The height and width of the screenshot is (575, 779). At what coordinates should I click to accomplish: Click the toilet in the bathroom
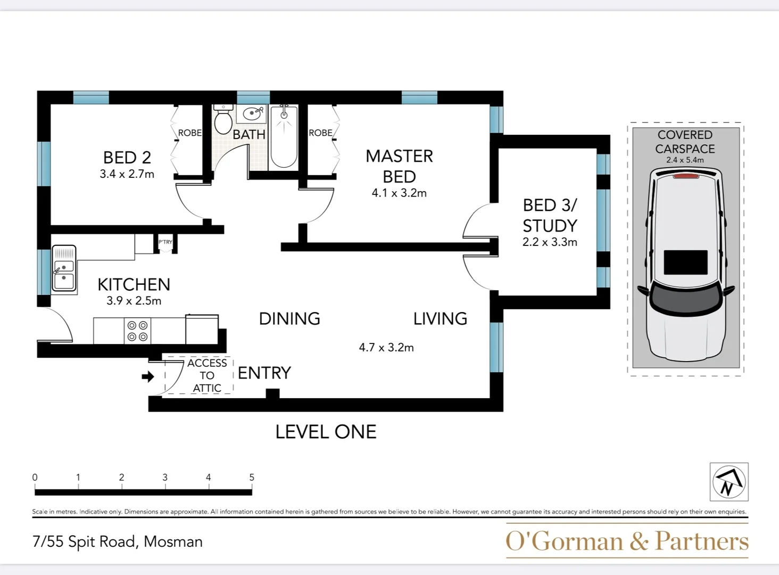tap(223, 120)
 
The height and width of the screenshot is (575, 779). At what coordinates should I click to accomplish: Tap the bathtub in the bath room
tap(284, 137)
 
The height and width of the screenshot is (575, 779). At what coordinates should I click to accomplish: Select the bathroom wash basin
tap(252, 113)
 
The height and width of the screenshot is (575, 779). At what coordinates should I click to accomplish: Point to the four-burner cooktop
tap(137, 331)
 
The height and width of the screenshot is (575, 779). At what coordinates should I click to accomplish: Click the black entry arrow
tap(147, 376)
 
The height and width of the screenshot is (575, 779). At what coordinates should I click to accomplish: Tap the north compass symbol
tap(728, 482)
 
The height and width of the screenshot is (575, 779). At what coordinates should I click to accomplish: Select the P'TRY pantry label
tap(165, 242)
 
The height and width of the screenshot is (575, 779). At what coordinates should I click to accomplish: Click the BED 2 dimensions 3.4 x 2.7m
tap(127, 174)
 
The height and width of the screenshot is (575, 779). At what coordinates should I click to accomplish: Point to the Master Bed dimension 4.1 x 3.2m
tap(399, 193)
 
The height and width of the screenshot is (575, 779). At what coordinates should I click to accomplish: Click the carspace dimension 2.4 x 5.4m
tap(685, 160)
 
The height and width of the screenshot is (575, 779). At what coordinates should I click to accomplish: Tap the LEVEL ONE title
tap(326, 432)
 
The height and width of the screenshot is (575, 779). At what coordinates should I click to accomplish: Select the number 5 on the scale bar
tap(252, 478)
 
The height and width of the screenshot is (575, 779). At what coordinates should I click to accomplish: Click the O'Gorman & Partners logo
tap(627, 541)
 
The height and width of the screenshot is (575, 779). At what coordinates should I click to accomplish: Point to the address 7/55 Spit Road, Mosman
tap(118, 541)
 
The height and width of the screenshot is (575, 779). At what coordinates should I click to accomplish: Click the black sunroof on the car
tap(685, 262)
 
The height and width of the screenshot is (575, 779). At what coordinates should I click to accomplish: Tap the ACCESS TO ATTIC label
tap(207, 375)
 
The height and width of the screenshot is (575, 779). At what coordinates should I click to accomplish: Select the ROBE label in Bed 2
tap(189, 133)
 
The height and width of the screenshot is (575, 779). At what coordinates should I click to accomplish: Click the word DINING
tap(289, 318)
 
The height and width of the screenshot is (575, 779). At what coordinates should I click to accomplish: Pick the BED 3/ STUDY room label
tap(550, 215)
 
